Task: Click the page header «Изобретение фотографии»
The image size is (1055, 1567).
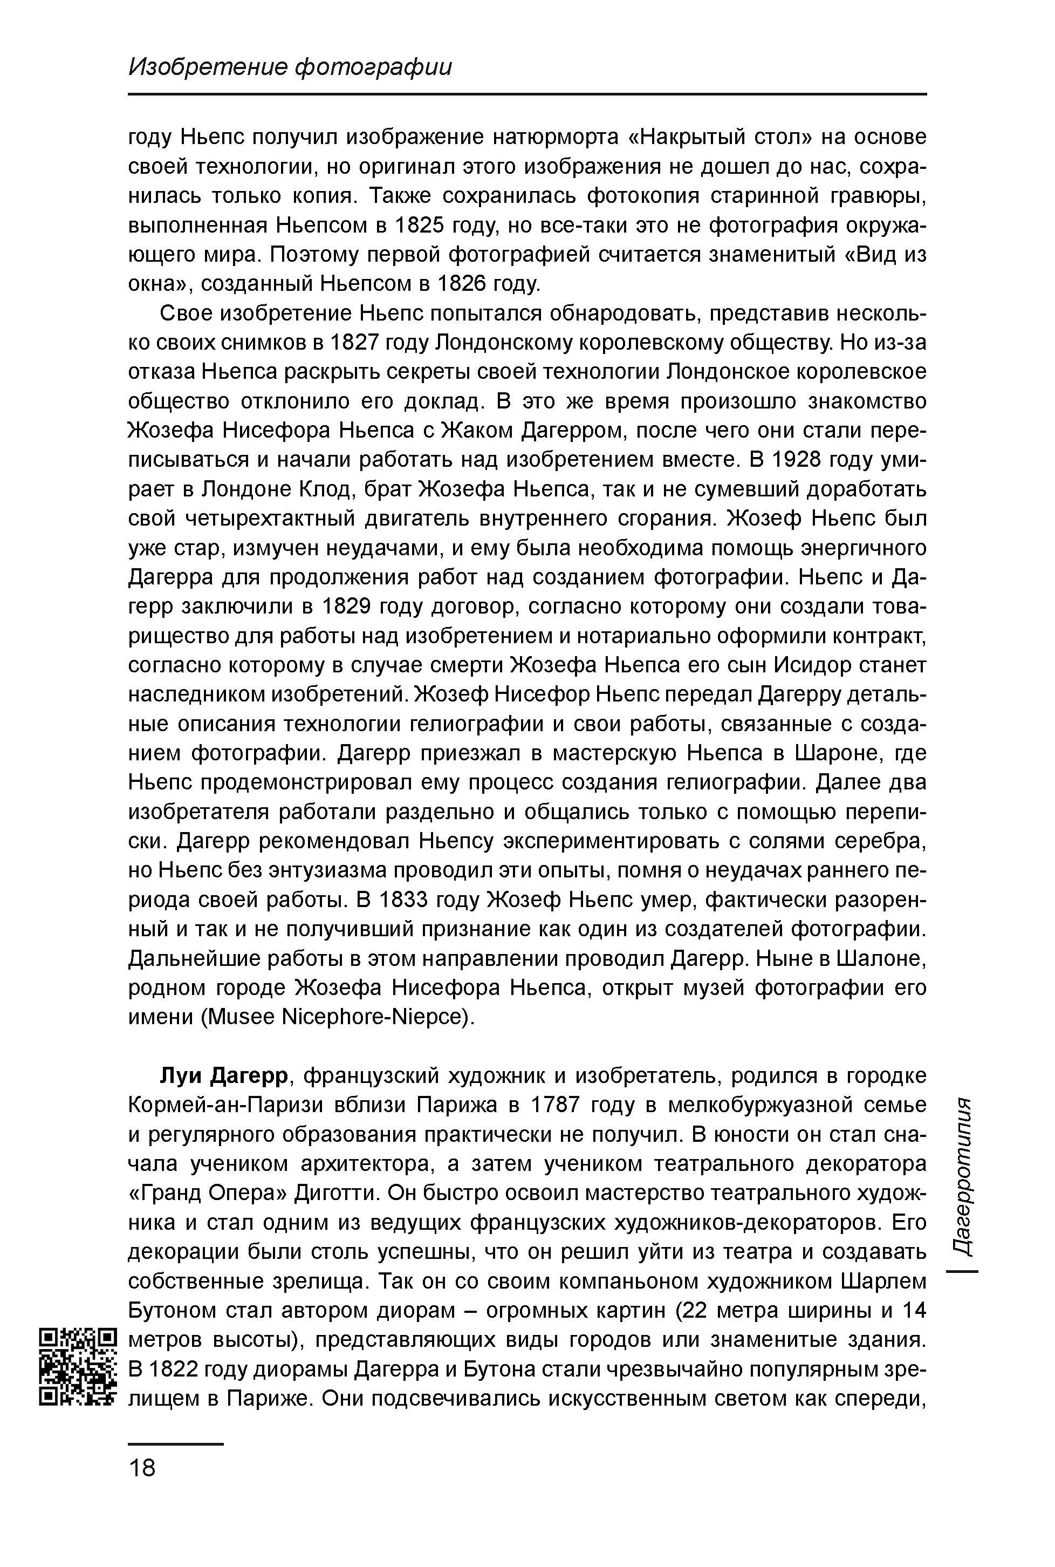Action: point(290,66)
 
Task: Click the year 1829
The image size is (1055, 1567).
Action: point(348,607)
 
